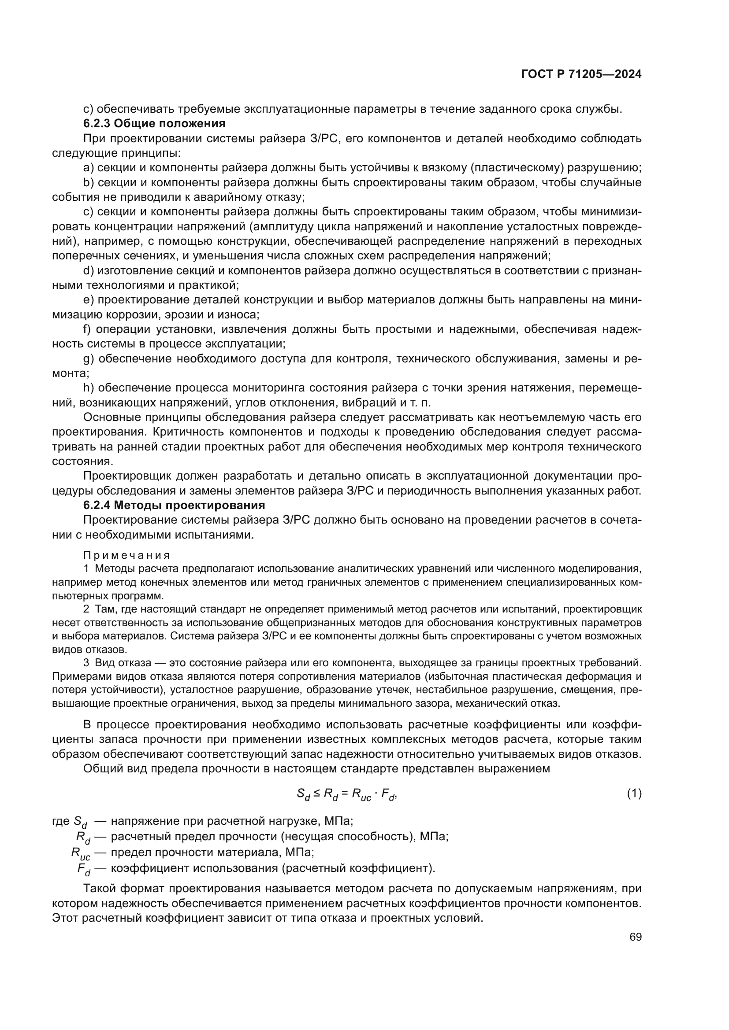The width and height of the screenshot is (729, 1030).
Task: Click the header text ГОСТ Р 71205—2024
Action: coord(581,74)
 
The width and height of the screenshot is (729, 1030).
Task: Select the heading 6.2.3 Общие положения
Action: coord(154,123)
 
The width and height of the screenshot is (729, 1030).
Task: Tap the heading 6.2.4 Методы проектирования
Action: coord(174,505)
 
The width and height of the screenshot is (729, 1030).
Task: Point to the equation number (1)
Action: coord(634,794)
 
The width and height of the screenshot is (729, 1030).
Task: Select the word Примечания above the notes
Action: coord(126,555)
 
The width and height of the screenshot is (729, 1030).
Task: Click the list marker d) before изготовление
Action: coord(88,270)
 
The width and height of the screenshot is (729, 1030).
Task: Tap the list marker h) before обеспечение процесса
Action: coord(89,388)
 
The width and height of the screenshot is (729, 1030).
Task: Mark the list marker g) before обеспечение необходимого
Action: coord(88,358)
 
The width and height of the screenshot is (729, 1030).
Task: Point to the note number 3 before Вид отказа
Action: coord(86,663)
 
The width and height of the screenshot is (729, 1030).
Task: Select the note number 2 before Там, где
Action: coord(86,609)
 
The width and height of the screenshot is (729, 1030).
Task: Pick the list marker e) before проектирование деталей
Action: coord(88,300)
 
